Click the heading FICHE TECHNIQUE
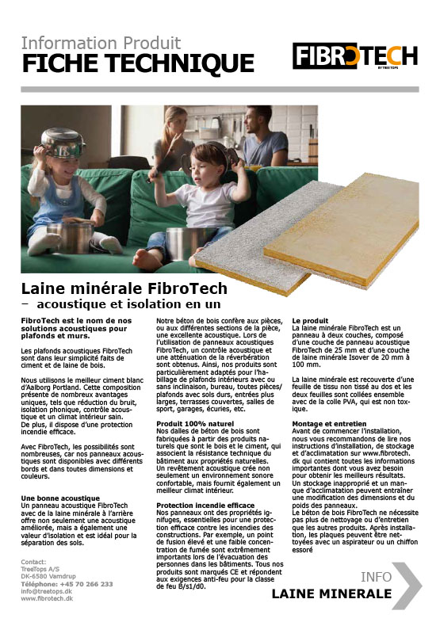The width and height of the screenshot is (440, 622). [x=138, y=63]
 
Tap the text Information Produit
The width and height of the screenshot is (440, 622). [x=101, y=42]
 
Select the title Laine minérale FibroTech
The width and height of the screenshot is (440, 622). [x=124, y=288]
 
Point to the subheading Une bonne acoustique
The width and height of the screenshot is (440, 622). [x=60, y=497]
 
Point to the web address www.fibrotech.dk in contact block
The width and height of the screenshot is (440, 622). [x=54, y=598]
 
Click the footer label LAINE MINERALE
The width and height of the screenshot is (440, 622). [x=331, y=593]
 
